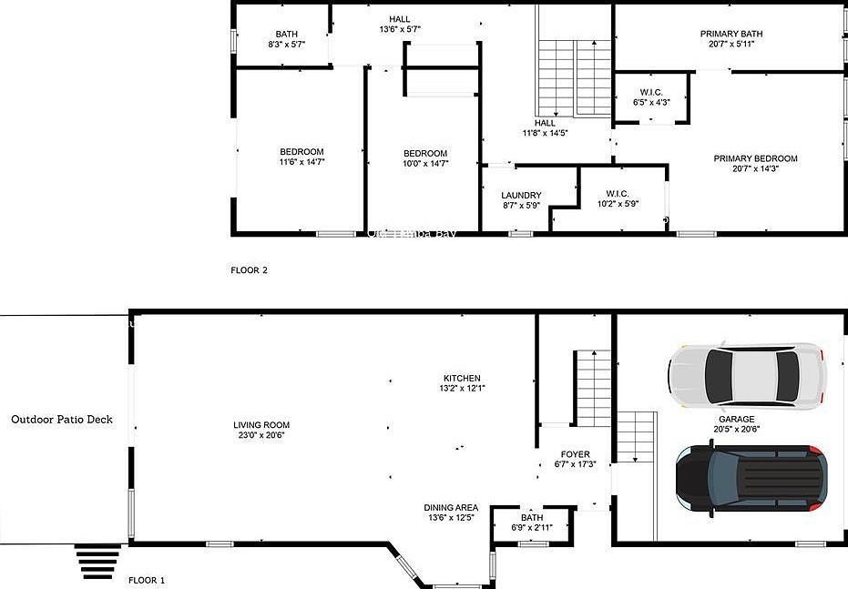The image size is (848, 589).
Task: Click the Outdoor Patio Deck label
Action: (62, 420)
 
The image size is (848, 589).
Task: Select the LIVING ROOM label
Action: (261, 425)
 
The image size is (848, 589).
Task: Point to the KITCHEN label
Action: (462, 379)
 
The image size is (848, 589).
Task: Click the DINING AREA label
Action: (451, 508)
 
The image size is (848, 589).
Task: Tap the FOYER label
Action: (575, 454)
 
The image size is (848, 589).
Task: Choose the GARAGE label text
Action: (736, 420)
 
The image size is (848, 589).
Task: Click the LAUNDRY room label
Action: (521, 196)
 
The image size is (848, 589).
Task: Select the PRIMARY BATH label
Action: (731, 35)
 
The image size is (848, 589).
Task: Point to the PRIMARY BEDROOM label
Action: (755, 159)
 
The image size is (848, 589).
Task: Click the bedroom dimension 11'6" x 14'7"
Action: (301, 162)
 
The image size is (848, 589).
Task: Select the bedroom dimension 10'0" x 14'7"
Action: (425, 164)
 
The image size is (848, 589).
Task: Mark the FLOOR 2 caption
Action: (249, 270)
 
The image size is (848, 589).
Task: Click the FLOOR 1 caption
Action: (147, 580)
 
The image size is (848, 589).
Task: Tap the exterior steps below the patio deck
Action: (98, 562)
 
